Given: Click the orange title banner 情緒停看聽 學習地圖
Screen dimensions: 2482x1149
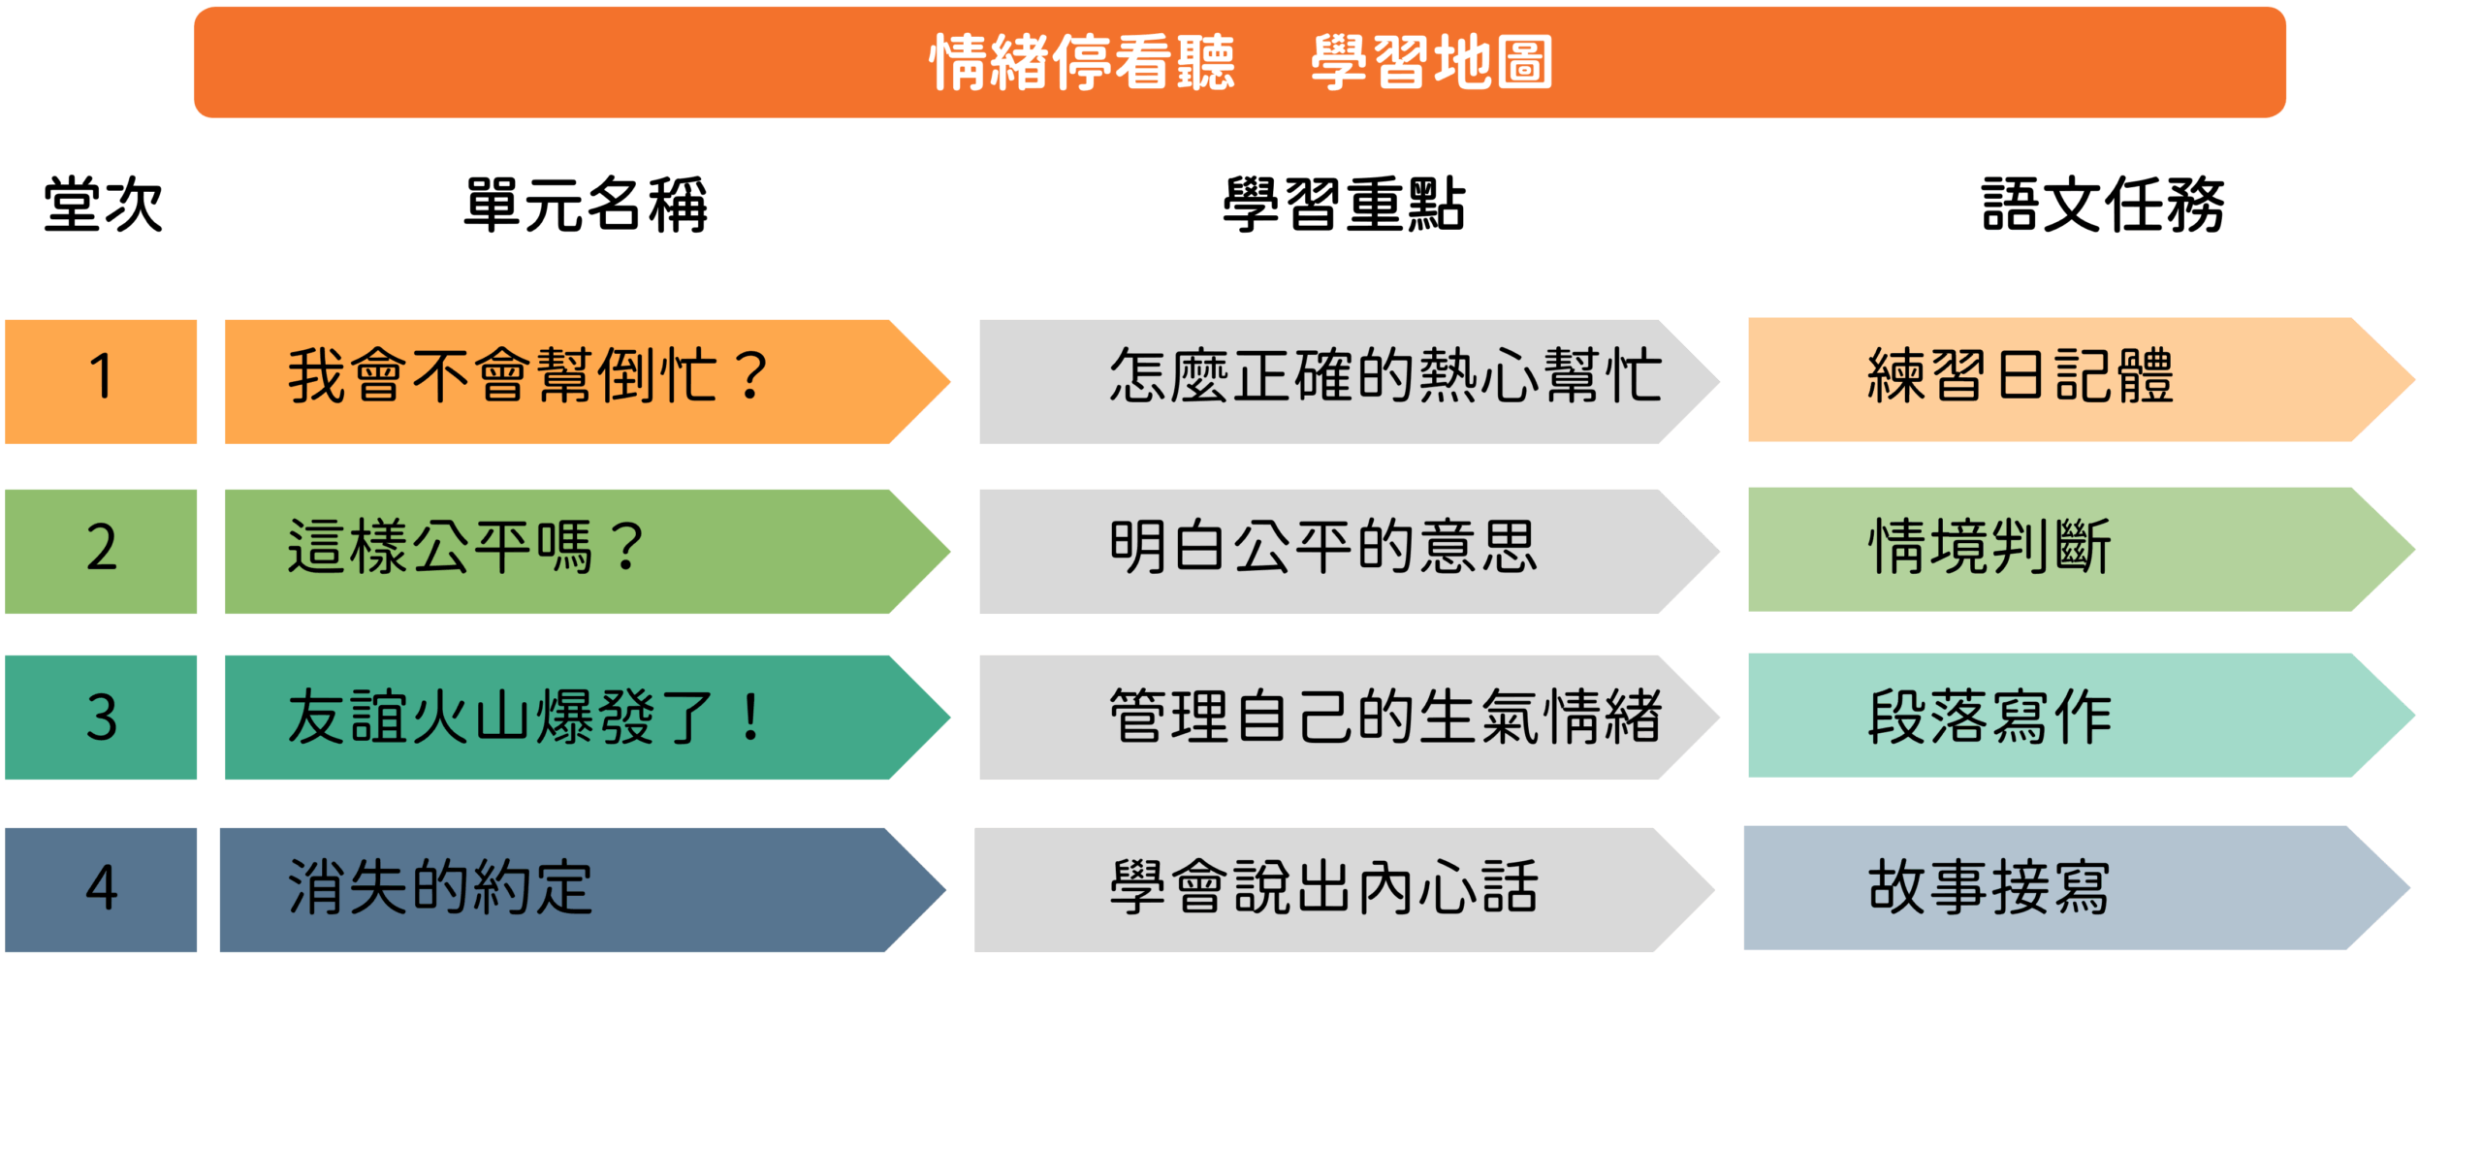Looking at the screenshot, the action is point(1239,62).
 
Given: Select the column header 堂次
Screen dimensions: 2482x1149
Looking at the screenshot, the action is point(103,205).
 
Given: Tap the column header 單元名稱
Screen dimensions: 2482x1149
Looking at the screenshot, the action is point(586,205).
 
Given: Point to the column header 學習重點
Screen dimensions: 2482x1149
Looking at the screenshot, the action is point(1344,205).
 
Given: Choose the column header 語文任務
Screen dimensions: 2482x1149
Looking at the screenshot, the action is point(2103,205).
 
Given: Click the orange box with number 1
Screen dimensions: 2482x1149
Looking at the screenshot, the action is point(101,381).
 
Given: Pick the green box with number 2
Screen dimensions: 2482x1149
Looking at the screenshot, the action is point(101,551).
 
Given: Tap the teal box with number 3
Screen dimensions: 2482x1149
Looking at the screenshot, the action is point(101,718).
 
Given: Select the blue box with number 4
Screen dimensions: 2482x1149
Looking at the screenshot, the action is point(101,889).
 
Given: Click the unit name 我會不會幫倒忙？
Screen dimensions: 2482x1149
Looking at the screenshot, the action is point(528,376).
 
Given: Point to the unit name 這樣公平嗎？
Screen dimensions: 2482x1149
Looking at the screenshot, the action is point(465,547).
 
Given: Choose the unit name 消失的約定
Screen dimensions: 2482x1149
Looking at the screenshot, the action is point(440,887).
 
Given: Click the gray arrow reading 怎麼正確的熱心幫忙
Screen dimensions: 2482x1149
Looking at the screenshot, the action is point(1349,381).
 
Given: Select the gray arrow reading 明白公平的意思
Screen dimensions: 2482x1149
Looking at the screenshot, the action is point(1349,551).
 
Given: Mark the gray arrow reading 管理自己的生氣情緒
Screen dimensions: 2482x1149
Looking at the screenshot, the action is point(1349,718).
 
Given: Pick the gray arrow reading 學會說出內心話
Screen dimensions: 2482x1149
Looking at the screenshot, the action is point(1344,889).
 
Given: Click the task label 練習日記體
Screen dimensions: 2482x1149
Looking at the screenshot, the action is point(2021,376).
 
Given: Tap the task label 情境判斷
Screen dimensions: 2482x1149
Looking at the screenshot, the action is point(1989,547).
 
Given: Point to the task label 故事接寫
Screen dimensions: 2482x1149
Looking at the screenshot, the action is point(1989,887).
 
